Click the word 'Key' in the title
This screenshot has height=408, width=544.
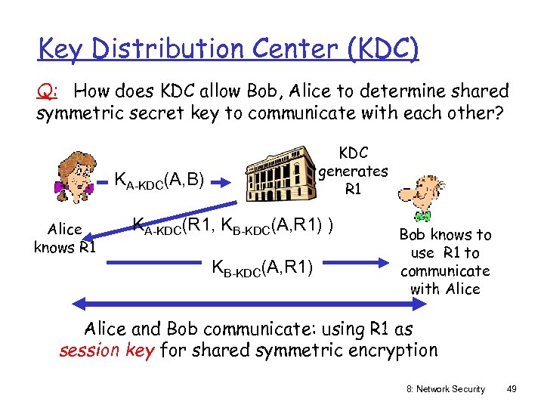tap(64, 49)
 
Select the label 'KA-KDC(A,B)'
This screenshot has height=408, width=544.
tap(159, 180)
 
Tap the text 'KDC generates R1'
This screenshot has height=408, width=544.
tap(353, 171)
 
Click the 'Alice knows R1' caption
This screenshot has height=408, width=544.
tap(64, 238)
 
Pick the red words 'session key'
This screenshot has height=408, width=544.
tap(106, 350)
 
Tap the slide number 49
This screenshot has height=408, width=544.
tap(512, 388)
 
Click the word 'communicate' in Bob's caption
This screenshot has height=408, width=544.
tap(445, 270)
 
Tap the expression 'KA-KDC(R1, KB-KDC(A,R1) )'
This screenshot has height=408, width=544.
tap(233, 224)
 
